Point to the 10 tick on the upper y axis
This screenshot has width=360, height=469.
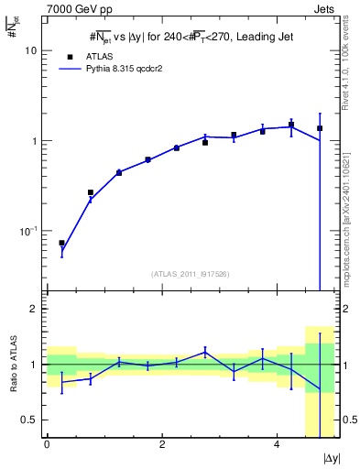(30, 51)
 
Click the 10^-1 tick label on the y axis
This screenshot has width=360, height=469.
(27, 231)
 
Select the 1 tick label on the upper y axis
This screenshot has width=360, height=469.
(33, 141)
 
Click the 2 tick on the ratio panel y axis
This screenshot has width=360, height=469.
(33, 309)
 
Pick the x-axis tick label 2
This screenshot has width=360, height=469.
(161, 444)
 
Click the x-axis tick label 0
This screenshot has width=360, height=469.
(47, 444)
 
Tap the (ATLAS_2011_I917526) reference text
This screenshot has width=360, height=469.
(189, 273)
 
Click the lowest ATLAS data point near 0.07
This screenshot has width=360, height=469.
(61, 243)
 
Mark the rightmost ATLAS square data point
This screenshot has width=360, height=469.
(319, 128)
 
